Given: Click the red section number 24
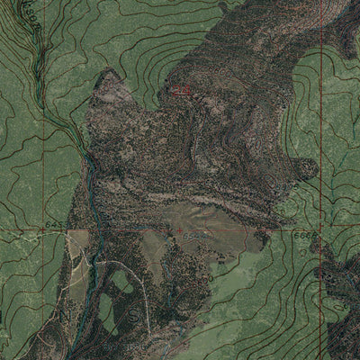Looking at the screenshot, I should coord(183,91).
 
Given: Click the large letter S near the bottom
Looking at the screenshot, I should coord(138,316).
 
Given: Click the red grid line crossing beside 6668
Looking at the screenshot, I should coord(319,230).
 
